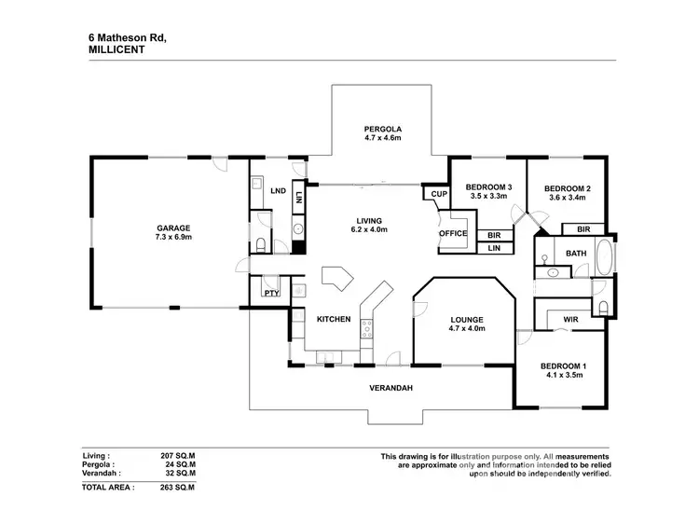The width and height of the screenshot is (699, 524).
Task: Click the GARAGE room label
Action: tap(173, 228)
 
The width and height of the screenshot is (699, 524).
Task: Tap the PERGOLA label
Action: tap(382, 129)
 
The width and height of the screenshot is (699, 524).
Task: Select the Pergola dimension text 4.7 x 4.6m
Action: tap(382, 139)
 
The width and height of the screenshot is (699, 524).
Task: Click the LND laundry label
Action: tap(278, 191)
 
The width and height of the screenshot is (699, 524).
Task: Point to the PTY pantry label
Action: tap(272, 294)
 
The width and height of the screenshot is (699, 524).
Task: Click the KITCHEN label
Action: tap(334, 319)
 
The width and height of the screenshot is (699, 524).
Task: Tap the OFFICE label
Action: tap(454, 233)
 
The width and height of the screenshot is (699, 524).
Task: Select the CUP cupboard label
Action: tap(436, 194)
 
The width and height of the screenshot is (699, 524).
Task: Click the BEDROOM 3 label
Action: tap(487, 186)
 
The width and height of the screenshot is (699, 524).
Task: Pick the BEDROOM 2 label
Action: tap(568, 188)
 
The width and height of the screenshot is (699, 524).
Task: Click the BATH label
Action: tap(575, 253)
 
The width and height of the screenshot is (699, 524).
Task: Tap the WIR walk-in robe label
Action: tap(570, 320)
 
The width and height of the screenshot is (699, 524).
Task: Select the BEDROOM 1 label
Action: tap(562, 365)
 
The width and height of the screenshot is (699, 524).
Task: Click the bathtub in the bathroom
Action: tap(604, 254)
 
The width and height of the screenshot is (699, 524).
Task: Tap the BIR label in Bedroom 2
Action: tap(583, 228)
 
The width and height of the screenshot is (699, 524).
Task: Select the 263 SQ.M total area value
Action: tap(178, 487)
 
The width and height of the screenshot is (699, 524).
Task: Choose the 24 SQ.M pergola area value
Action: tap(178, 462)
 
